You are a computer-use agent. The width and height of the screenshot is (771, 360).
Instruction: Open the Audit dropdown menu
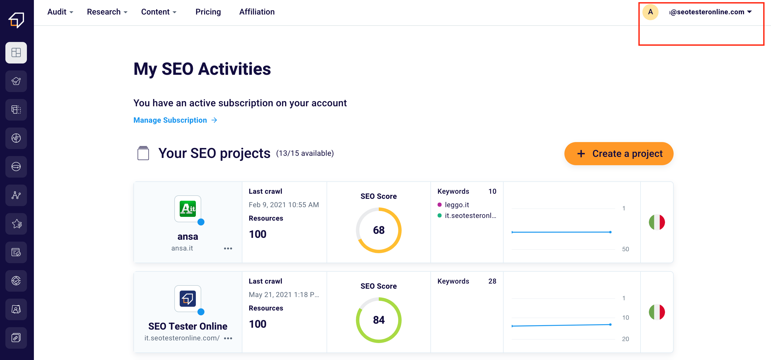click(60, 12)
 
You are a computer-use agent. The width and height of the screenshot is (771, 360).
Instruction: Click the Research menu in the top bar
click(107, 12)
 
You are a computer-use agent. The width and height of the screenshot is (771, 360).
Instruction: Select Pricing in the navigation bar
click(208, 12)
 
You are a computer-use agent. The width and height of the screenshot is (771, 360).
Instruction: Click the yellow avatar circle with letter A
click(650, 12)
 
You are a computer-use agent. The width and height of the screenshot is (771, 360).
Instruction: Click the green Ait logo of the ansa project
click(188, 209)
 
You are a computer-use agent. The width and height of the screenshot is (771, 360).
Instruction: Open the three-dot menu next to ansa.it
click(228, 248)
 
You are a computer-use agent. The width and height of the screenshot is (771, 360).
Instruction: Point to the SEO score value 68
click(379, 230)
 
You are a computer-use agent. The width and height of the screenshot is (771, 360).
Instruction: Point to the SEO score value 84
click(379, 320)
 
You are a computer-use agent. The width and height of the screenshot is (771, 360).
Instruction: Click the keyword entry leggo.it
click(457, 205)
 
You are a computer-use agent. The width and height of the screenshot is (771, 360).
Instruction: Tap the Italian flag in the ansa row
click(657, 222)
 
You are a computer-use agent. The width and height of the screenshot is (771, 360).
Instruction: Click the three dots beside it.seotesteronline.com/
click(228, 338)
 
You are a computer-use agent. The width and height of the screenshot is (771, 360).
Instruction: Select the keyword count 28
click(492, 281)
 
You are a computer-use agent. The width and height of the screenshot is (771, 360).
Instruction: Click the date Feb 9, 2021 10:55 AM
click(284, 205)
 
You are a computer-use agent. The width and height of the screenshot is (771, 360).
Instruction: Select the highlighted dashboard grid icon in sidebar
click(16, 53)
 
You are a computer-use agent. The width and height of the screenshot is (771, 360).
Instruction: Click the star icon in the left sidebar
click(16, 224)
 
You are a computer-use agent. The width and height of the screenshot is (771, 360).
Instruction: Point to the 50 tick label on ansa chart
click(625, 249)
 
